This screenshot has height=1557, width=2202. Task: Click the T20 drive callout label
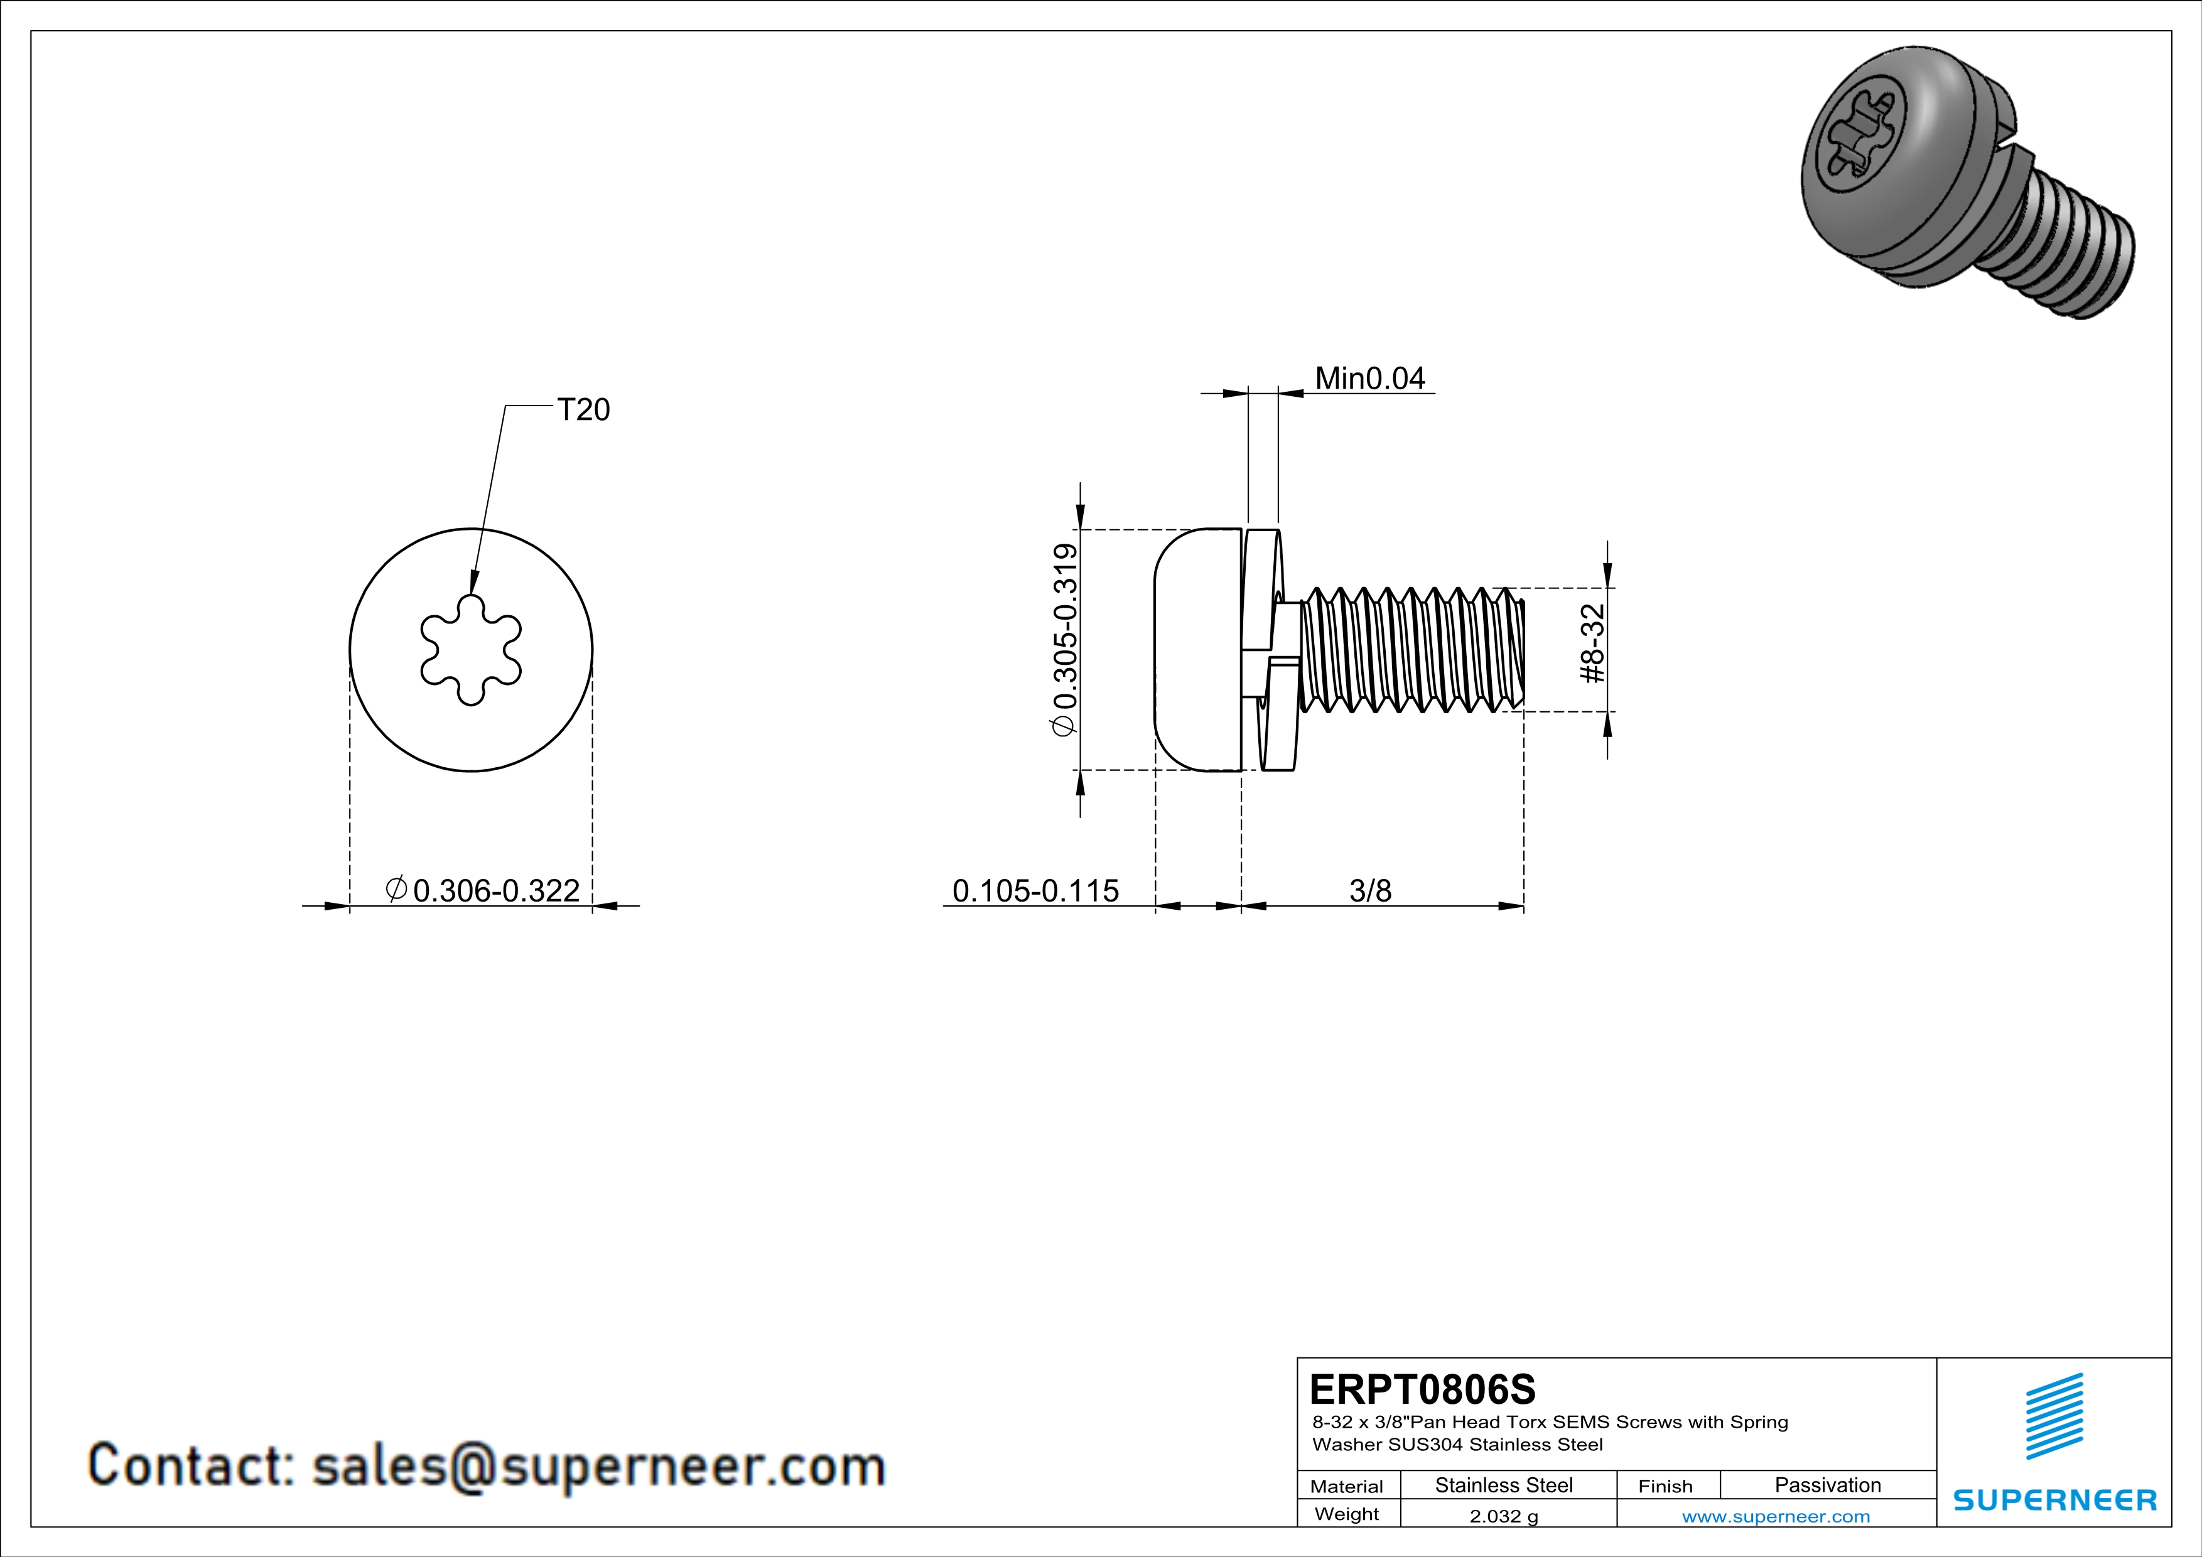pos(583,411)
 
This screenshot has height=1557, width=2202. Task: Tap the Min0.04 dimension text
pos(1369,379)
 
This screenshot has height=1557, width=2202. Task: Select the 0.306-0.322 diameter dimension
pos(496,891)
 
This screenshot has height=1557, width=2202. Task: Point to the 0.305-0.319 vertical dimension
pos(1064,640)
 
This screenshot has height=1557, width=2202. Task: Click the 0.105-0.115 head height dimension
pos(1035,891)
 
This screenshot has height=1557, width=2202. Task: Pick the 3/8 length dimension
pos(1369,891)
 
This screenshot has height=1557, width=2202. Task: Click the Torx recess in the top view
pos(471,650)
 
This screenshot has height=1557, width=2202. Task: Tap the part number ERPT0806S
pos(1422,1389)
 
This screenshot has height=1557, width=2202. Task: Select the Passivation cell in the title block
pos(1827,1485)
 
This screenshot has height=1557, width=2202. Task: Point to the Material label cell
pos(1347,1486)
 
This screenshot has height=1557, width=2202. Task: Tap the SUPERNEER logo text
pos(2054,1499)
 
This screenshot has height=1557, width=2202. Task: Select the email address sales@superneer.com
pos(598,1466)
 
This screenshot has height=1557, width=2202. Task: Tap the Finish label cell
pos(1665,1486)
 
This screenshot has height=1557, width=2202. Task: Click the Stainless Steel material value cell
pos(1504,1485)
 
